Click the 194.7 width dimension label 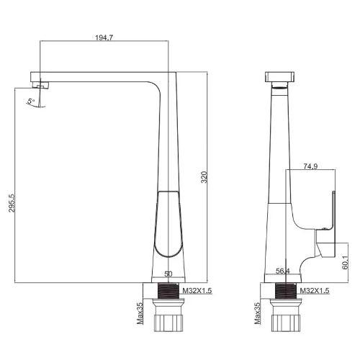pyautogui.click(x=104, y=37)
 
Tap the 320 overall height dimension pyautogui.click(x=204, y=177)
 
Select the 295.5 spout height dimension pyautogui.click(x=12, y=203)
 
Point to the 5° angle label pyautogui.click(x=31, y=101)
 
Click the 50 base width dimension pyautogui.click(x=168, y=274)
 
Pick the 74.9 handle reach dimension pyautogui.click(x=310, y=166)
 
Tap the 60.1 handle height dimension pyautogui.click(x=345, y=262)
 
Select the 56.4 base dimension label pyautogui.click(x=283, y=271)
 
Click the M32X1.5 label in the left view pyautogui.click(x=197, y=291)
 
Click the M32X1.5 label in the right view pyautogui.click(x=315, y=291)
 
